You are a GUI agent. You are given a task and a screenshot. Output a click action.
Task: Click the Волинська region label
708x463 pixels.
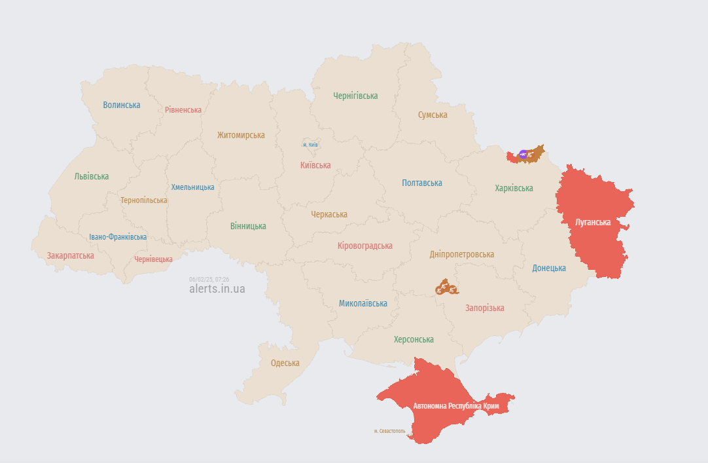[121, 105]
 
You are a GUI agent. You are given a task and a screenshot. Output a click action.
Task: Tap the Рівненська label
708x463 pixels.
[183, 109]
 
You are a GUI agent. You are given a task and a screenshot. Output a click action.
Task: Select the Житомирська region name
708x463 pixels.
[241, 135]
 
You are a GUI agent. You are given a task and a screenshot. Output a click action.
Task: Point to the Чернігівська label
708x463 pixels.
[355, 96]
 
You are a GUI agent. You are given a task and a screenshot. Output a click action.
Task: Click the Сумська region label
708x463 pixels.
[433, 115]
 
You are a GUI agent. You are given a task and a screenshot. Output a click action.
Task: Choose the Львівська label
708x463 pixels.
[92, 176]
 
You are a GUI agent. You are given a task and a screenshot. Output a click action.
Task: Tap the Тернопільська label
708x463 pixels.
[143, 200]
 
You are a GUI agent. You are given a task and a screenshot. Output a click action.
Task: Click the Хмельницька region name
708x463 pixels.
[192, 187]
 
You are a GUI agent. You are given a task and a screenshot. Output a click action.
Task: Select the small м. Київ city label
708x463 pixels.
[310, 144]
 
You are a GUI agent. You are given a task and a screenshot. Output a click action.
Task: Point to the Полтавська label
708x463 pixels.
[421, 183]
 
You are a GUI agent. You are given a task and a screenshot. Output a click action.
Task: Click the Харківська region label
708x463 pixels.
[514, 188]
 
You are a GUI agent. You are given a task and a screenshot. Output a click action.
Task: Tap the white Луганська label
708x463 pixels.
[592, 222]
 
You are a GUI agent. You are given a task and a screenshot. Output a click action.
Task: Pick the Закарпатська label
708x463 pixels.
[70, 255]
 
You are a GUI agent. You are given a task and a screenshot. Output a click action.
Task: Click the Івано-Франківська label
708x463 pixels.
[118, 237]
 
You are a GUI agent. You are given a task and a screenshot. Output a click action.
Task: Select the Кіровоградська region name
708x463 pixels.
[364, 246]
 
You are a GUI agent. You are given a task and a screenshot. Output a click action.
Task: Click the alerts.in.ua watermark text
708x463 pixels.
[217, 289]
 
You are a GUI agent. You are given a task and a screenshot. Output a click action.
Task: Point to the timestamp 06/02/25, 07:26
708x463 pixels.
[209, 279]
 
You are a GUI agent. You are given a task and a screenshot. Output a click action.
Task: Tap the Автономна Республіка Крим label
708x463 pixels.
[456, 406]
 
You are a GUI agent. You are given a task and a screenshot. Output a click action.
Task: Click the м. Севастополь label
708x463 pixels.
[389, 431]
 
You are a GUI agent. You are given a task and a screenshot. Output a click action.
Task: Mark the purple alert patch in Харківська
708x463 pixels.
[523, 155]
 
